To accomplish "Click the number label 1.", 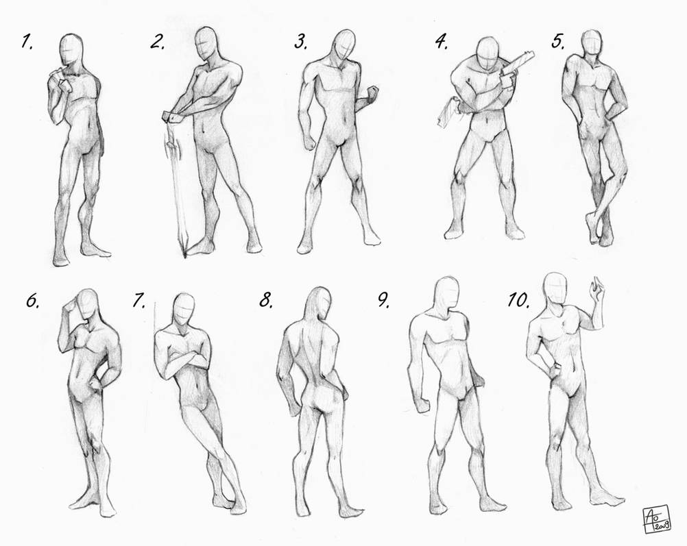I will [x=27, y=42].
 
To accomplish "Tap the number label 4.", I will [x=441, y=42].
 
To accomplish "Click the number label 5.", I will [x=558, y=42].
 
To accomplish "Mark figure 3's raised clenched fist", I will [x=373, y=94].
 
